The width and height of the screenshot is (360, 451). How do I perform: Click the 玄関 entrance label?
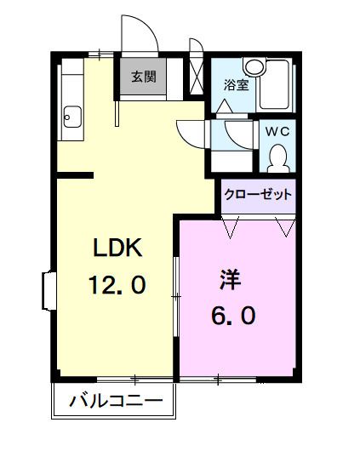[x=143, y=76]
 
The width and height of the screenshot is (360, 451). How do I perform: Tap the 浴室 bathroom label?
[x=235, y=84]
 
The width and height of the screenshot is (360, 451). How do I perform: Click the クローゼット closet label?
[x=258, y=194]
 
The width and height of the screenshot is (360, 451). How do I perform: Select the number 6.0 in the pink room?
[x=232, y=315]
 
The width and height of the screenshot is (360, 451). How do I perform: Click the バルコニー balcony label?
[x=116, y=400]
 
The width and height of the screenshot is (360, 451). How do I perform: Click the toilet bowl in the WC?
[x=277, y=157]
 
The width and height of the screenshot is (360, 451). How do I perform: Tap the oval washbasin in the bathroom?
[x=254, y=67]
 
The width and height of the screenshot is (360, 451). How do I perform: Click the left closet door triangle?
[x=231, y=225]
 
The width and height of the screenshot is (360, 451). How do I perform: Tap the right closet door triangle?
[x=285, y=225]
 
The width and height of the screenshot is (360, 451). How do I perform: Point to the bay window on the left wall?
[x=47, y=290]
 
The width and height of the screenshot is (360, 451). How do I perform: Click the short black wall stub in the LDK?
[x=75, y=176]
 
